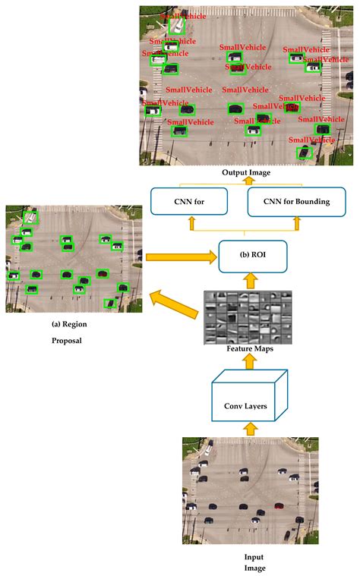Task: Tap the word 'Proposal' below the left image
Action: click(70, 341)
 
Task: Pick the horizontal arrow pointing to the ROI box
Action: click(180, 258)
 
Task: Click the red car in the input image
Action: click(279, 505)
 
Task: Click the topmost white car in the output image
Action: click(177, 26)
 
